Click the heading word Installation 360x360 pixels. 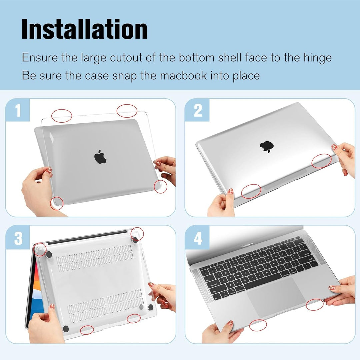84,30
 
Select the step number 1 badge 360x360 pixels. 18,111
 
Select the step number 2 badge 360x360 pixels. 198,111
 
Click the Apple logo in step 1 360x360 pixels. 100,157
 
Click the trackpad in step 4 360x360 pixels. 276,296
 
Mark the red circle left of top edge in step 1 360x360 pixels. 62,115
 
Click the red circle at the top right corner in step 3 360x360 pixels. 137,234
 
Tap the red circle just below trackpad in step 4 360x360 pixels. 258,325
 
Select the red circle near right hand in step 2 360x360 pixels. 321,161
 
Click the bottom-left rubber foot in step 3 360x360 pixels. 65,328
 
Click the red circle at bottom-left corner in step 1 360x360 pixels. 57,203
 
